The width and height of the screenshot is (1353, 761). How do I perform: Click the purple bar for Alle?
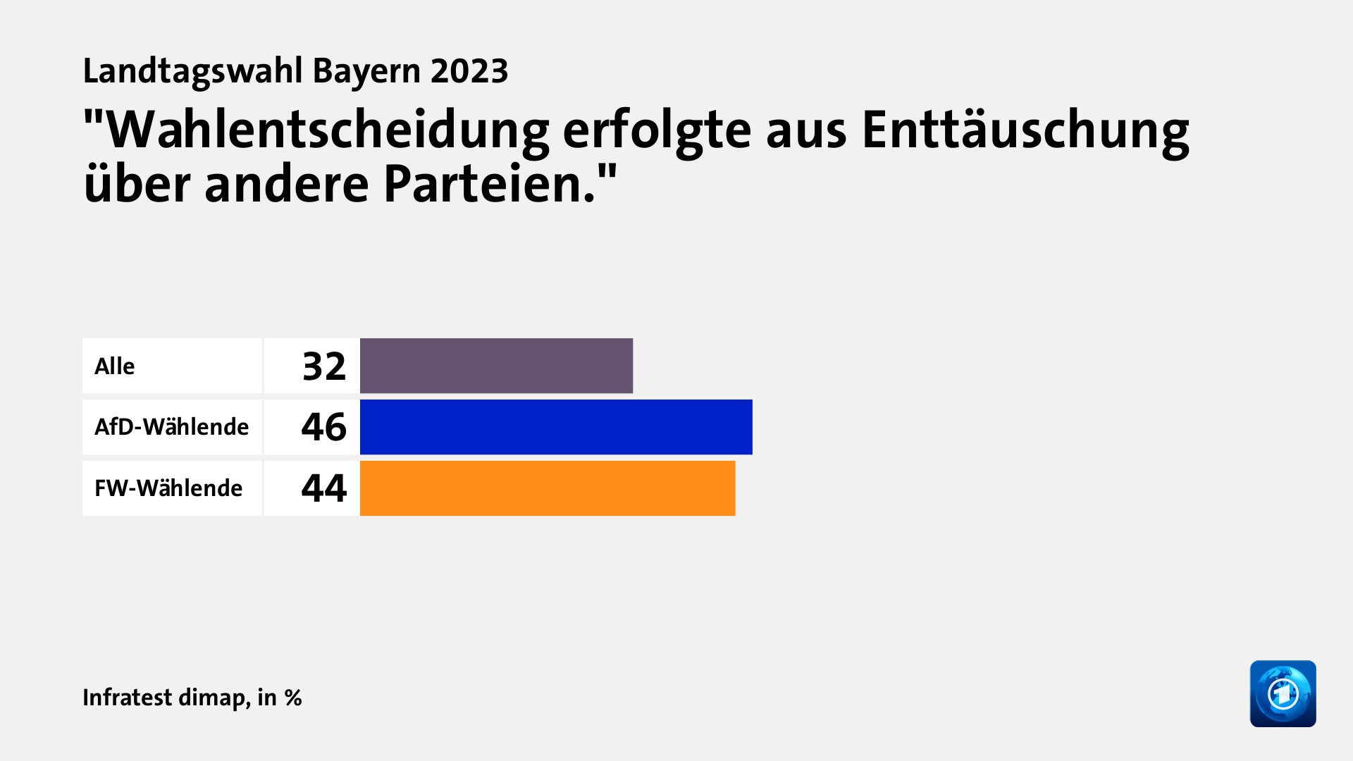(x=496, y=366)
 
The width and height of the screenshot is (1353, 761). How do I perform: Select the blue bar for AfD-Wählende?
(x=556, y=427)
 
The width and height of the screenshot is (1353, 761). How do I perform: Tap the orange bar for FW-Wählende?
(x=548, y=488)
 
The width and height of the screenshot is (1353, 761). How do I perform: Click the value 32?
(x=324, y=366)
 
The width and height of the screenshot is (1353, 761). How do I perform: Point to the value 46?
(x=324, y=427)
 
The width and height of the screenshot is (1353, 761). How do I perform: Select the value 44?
(x=324, y=488)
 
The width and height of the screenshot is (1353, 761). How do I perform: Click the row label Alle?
(x=115, y=366)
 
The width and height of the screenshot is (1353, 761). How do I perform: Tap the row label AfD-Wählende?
(x=171, y=427)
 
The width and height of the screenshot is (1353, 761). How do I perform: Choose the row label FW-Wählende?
(x=168, y=488)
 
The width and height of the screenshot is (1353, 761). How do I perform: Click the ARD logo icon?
(x=1283, y=693)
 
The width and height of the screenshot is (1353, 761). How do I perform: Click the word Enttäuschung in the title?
(x=1025, y=131)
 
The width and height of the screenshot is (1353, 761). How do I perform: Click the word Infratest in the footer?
(x=127, y=698)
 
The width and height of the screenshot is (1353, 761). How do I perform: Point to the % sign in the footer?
(x=293, y=698)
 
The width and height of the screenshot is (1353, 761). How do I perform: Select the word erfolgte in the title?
(x=657, y=131)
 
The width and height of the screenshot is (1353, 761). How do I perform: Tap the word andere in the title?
(x=286, y=185)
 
